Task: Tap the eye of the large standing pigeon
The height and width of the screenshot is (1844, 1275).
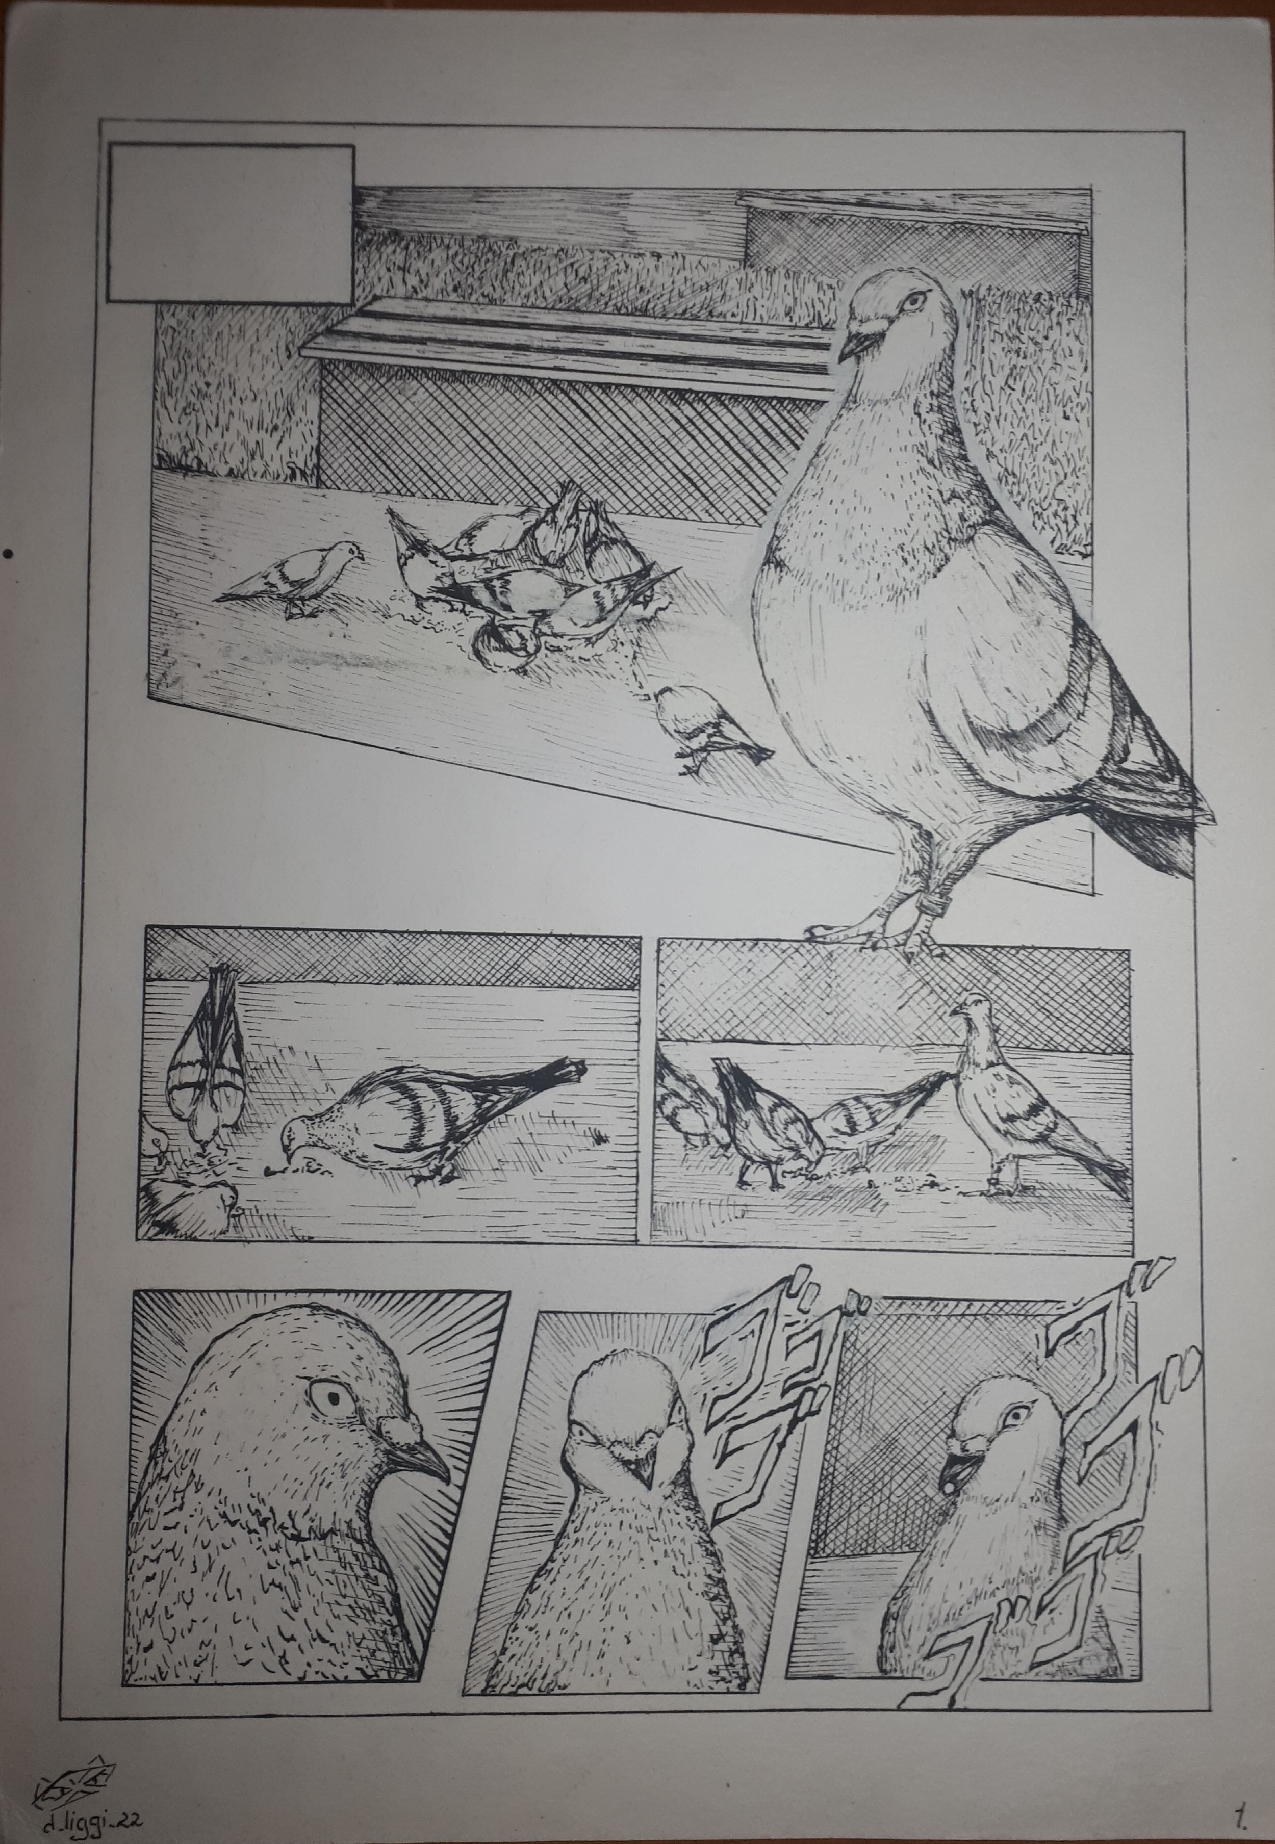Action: coord(915,299)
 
